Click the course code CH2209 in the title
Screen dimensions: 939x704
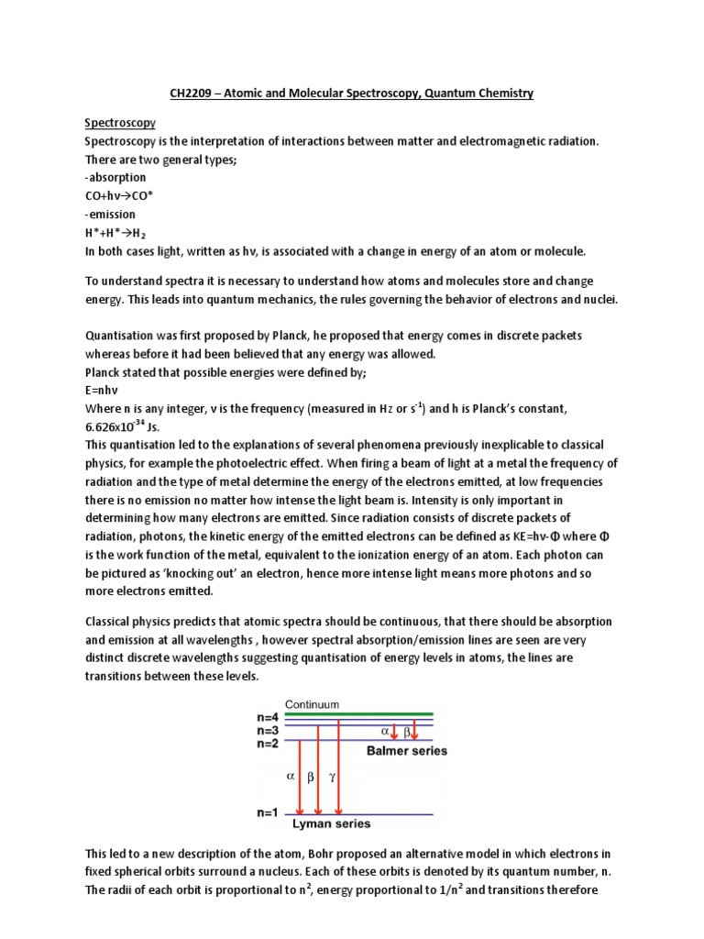(x=192, y=94)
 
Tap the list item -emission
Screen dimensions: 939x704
(x=110, y=214)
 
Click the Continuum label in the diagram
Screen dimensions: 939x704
(x=310, y=704)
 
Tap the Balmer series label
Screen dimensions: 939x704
(x=407, y=751)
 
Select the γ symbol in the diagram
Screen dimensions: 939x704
(x=332, y=775)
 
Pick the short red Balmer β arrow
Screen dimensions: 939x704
(x=414, y=730)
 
